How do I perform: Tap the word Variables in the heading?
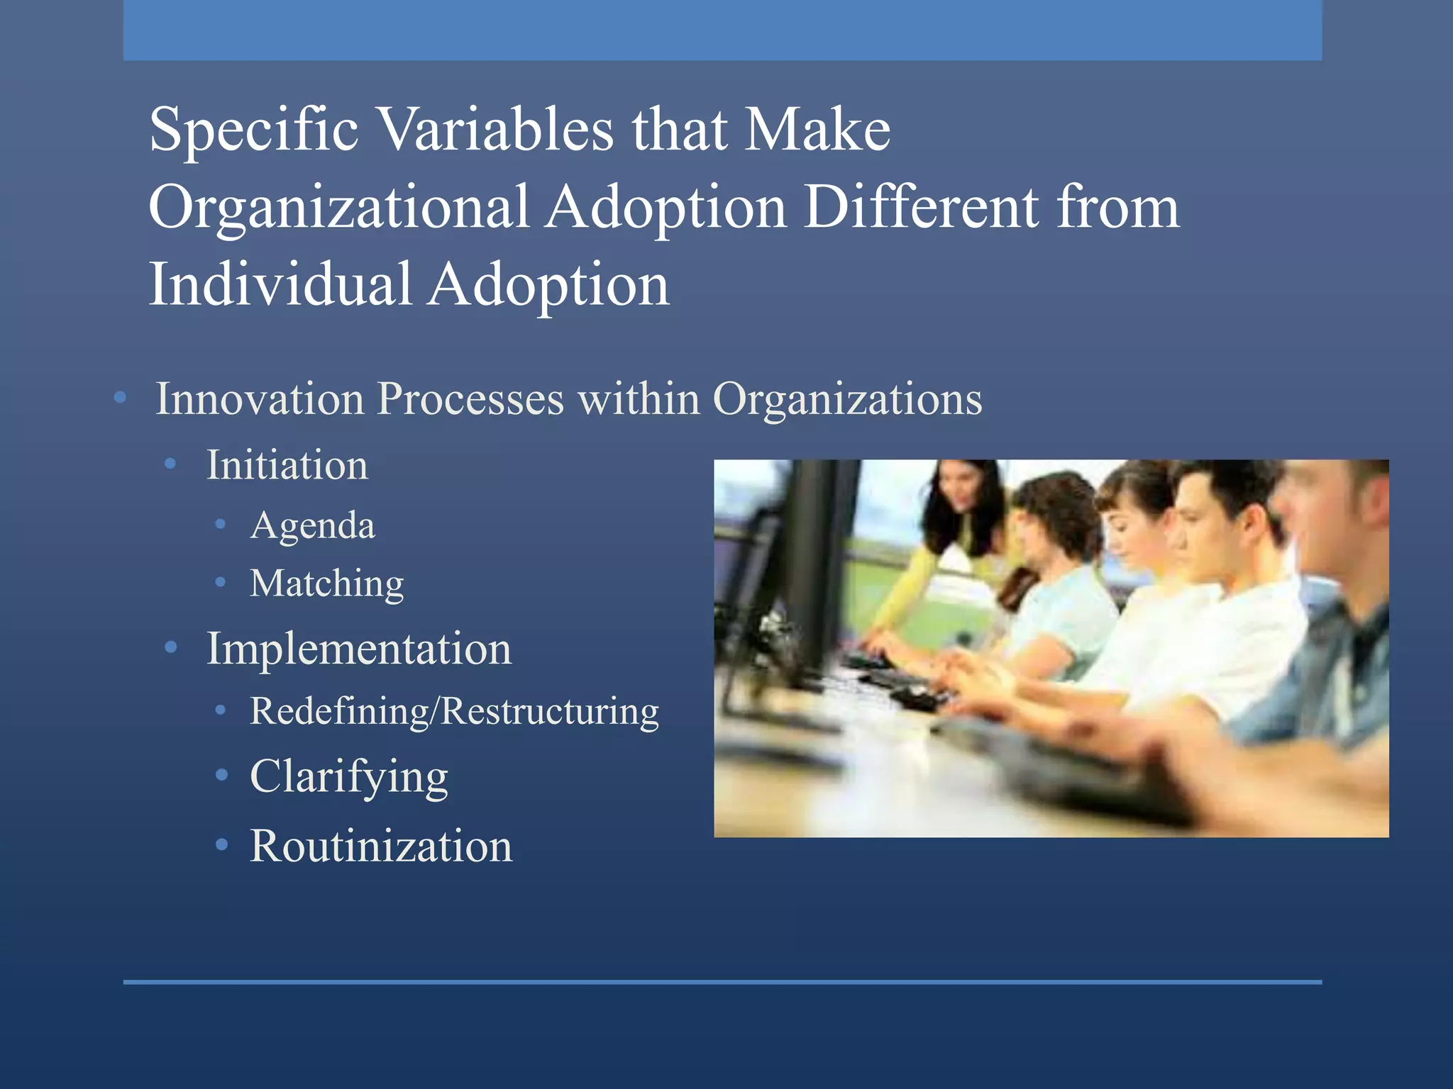tap(495, 130)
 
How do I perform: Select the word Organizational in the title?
tap(338, 208)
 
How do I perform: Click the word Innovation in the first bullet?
tap(259, 398)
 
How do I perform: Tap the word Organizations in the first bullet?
tap(847, 400)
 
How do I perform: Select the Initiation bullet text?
tap(287, 465)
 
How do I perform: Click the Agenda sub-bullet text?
tap(312, 526)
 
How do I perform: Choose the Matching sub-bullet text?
tap(326, 584)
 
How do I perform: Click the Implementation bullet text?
tap(358, 648)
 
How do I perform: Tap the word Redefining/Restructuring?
tap(454, 711)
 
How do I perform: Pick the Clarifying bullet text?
tap(348, 777)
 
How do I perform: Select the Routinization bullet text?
tap(381, 846)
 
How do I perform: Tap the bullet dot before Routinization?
tap(222, 845)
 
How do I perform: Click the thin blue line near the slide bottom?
tap(722, 982)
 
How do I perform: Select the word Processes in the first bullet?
tap(470, 398)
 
